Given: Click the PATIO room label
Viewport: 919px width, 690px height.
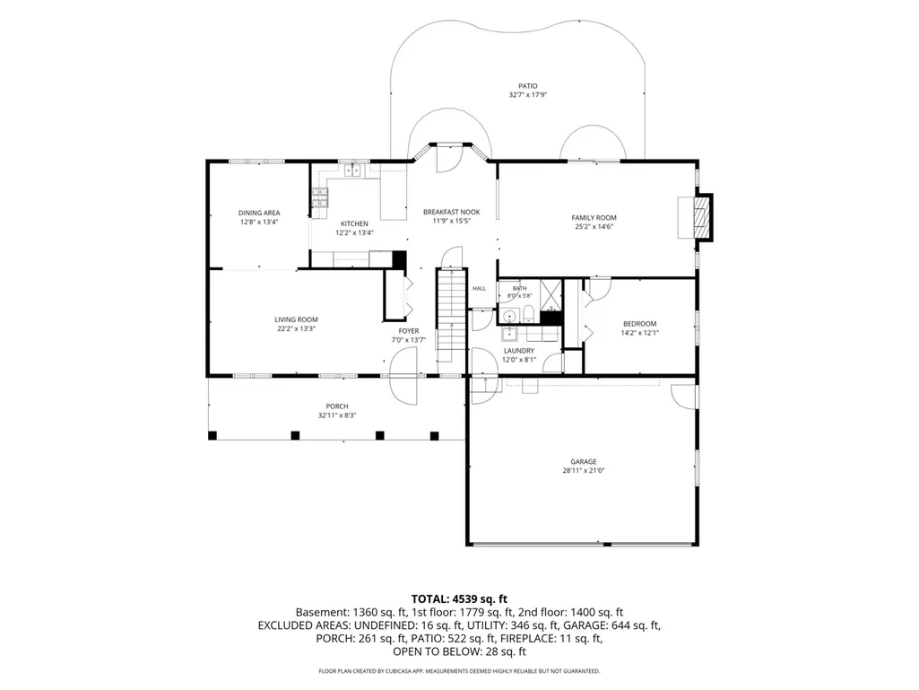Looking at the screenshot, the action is click(527, 86).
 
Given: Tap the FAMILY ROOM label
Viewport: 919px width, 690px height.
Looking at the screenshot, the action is click(594, 218).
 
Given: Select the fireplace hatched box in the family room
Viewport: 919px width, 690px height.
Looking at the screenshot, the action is click(701, 216).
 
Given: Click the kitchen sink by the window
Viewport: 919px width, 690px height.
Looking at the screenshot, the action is click(353, 170).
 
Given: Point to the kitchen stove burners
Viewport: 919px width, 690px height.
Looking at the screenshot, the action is click(319, 197).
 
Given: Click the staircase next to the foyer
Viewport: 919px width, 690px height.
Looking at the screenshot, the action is click(451, 315).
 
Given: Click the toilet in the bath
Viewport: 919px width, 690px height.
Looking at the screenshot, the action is click(528, 314).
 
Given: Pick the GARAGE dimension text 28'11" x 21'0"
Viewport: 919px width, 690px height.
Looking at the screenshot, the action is click(583, 470).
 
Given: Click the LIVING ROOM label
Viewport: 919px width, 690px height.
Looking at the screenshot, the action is click(296, 319).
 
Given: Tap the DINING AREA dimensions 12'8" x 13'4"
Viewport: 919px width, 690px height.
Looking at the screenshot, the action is click(258, 222).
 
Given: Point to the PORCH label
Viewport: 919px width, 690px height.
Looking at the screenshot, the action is click(337, 406).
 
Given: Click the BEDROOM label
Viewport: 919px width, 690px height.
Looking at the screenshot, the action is click(639, 324).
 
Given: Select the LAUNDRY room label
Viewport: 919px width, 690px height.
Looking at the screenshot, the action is click(519, 351).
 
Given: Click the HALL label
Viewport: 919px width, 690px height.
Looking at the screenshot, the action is click(480, 289).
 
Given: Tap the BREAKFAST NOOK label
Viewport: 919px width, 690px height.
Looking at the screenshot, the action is click(451, 213).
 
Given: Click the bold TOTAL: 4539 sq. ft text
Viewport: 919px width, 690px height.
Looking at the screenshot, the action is click(459, 599).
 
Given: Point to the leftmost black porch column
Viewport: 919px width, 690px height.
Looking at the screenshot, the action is click(212, 435).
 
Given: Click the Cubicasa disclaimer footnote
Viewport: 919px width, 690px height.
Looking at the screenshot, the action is click(459, 670).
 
